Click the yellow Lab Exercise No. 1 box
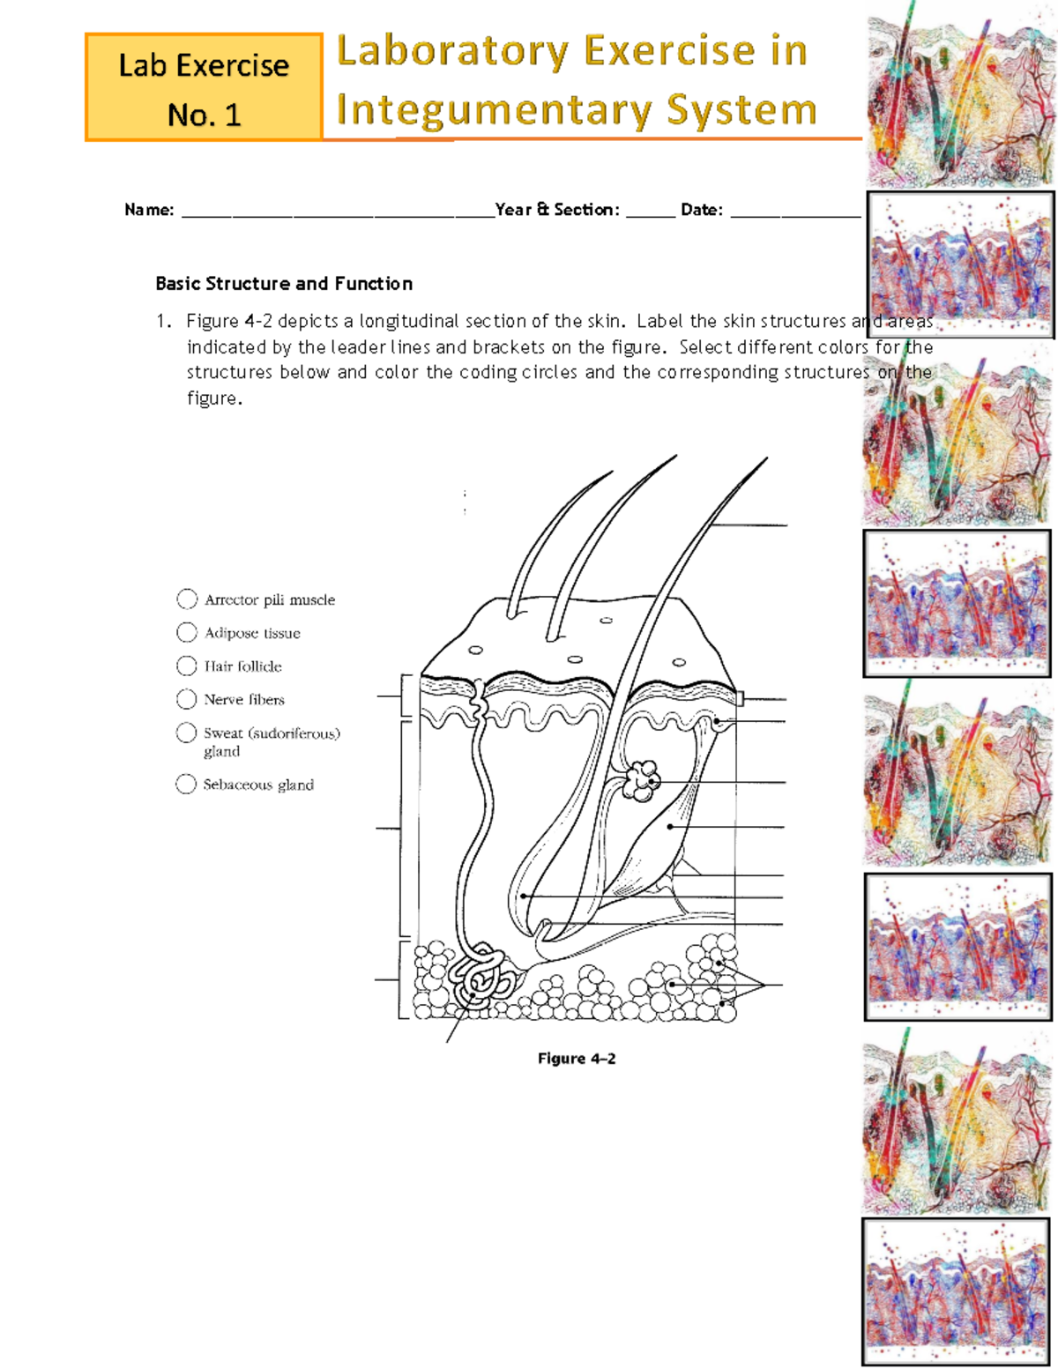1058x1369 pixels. (204, 88)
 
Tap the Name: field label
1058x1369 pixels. (149, 210)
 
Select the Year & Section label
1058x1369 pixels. (557, 210)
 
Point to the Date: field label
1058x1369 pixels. (702, 210)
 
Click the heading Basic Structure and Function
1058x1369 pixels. (284, 284)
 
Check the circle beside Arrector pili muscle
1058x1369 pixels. (187, 599)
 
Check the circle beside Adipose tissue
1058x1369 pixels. (187, 633)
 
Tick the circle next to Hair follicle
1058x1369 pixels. (187, 666)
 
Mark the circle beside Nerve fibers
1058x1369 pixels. (187, 699)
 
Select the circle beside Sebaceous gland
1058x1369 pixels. (186, 785)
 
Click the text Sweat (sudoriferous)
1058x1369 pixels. (272, 733)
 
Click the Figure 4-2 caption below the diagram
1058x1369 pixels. (577, 1059)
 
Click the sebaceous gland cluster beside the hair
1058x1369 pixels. (641, 780)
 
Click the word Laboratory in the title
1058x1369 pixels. (453, 51)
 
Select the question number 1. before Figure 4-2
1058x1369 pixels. (163, 322)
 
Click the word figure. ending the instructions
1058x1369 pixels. (213, 398)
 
